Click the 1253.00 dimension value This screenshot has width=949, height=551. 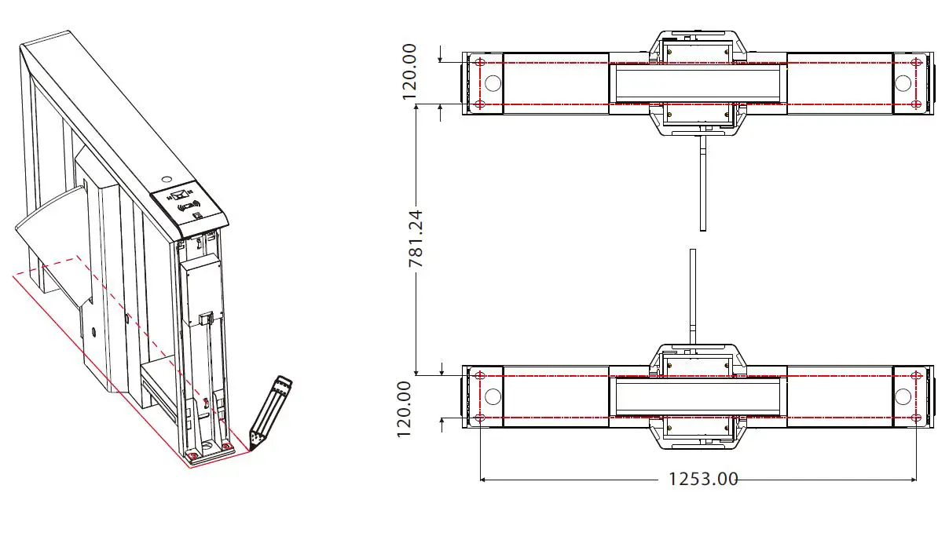tap(703, 479)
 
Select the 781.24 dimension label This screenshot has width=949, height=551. tap(416, 238)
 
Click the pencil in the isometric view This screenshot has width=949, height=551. tap(269, 411)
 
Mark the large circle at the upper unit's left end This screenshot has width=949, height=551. tap(493, 83)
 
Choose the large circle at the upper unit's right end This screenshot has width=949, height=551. tap(903, 83)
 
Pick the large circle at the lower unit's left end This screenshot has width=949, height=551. tap(493, 396)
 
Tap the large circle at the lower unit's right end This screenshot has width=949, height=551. tap(903, 396)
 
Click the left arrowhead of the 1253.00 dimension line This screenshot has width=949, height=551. tap(482, 480)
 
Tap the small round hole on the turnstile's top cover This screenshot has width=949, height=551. tap(167, 179)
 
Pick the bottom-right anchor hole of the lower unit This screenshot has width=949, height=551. tap(916, 418)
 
